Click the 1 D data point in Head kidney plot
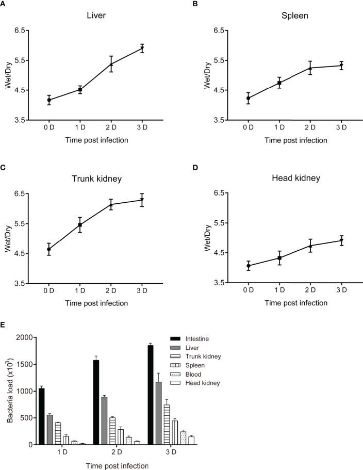tap(279, 257)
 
